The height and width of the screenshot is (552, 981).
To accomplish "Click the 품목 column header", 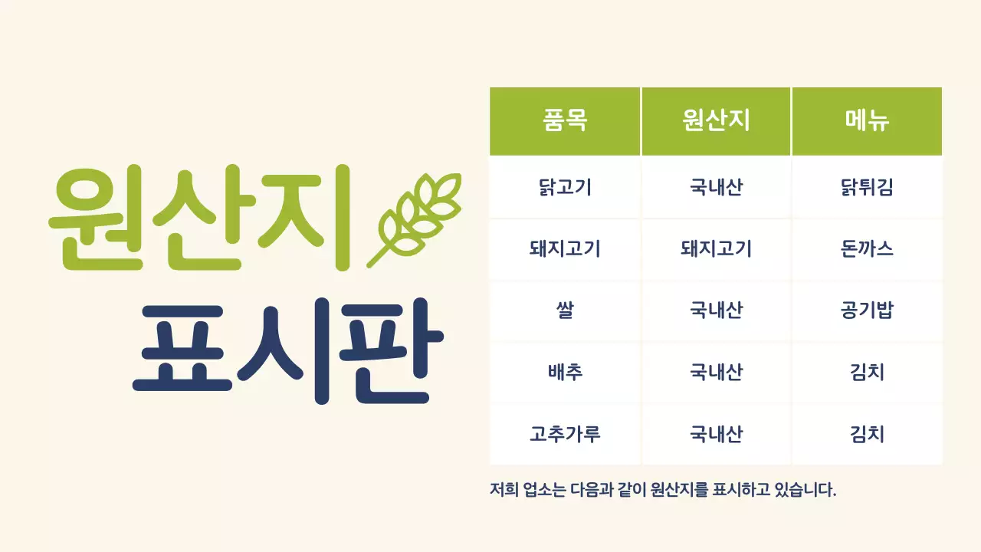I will (x=565, y=121).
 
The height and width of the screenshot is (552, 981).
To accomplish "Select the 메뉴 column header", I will (x=867, y=121).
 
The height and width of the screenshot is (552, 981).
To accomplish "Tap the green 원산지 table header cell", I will (x=716, y=121).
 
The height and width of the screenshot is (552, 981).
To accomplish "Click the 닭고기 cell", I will (x=565, y=187).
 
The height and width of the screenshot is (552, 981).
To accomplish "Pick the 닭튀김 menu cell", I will (x=867, y=187).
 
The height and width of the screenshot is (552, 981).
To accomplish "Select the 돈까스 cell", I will (x=867, y=249).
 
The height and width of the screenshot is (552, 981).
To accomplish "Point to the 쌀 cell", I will (x=565, y=310).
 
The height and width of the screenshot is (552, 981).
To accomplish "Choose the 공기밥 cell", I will (x=867, y=310).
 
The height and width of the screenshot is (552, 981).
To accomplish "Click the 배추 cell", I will (x=565, y=373).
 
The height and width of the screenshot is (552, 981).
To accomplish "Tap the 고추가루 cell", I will (x=565, y=434).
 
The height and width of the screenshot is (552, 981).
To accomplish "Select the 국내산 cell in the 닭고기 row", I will (x=716, y=187).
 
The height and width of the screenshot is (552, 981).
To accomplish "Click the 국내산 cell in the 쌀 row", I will (x=716, y=310).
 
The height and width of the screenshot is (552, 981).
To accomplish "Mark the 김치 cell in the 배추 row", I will (x=867, y=373).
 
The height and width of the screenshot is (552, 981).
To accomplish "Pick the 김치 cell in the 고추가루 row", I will (x=867, y=434).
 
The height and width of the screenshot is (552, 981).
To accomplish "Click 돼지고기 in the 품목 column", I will (x=565, y=249).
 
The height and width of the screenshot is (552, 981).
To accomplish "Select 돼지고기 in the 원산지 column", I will (x=716, y=249).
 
